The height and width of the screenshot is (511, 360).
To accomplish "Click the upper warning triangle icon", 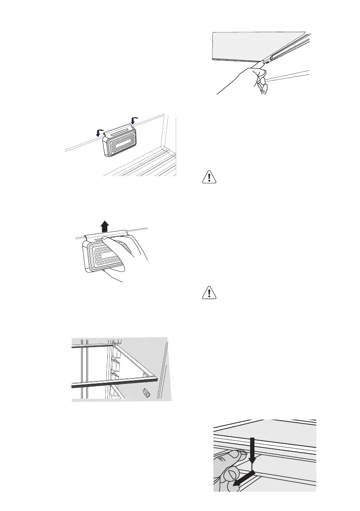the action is (208, 177).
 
